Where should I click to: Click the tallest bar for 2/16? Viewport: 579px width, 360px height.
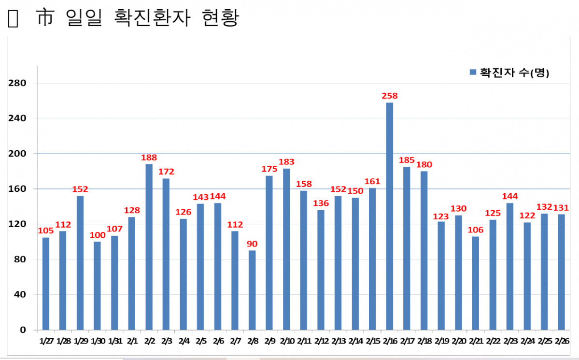pyautogui.click(x=390, y=216)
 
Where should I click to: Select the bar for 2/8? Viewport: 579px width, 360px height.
pyautogui.click(x=252, y=290)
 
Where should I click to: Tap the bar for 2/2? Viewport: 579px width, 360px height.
pyautogui.click(x=149, y=247)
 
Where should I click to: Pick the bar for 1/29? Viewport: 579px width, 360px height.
pyautogui.click(x=80, y=262)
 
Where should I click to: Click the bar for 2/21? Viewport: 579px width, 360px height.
pyautogui.click(x=476, y=283)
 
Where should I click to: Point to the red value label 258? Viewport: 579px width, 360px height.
pyautogui.click(x=390, y=96)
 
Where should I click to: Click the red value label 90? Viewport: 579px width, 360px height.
pyautogui.click(x=252, y=243)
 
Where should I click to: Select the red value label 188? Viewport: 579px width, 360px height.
pyautogui.click(x=149, y=158)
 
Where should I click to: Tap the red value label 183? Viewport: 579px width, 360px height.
pyautogui.click(x=286, y=161)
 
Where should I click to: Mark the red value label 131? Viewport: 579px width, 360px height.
pyautogui.click(x=561, y=208)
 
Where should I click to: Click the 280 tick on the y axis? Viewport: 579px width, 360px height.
pyautogui.click(x=17, y=83)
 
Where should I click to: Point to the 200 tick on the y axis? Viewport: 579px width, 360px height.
pyautogui.click(x=17, y=154)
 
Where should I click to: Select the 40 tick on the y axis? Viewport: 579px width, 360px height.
pyautogui.click(x=20, y=295)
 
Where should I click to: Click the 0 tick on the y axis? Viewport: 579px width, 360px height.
pyautogui.click(x=23, y=330)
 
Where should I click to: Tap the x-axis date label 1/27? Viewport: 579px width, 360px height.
pyautogui.click(x=46, y=341)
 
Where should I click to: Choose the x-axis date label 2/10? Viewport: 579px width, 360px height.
pyautogui.click(x=286, y=341)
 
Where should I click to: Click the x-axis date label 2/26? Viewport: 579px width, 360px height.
pyautogui.click(x=561, y=341)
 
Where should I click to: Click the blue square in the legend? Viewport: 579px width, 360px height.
pyautogui.click(x=473, y=72)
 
